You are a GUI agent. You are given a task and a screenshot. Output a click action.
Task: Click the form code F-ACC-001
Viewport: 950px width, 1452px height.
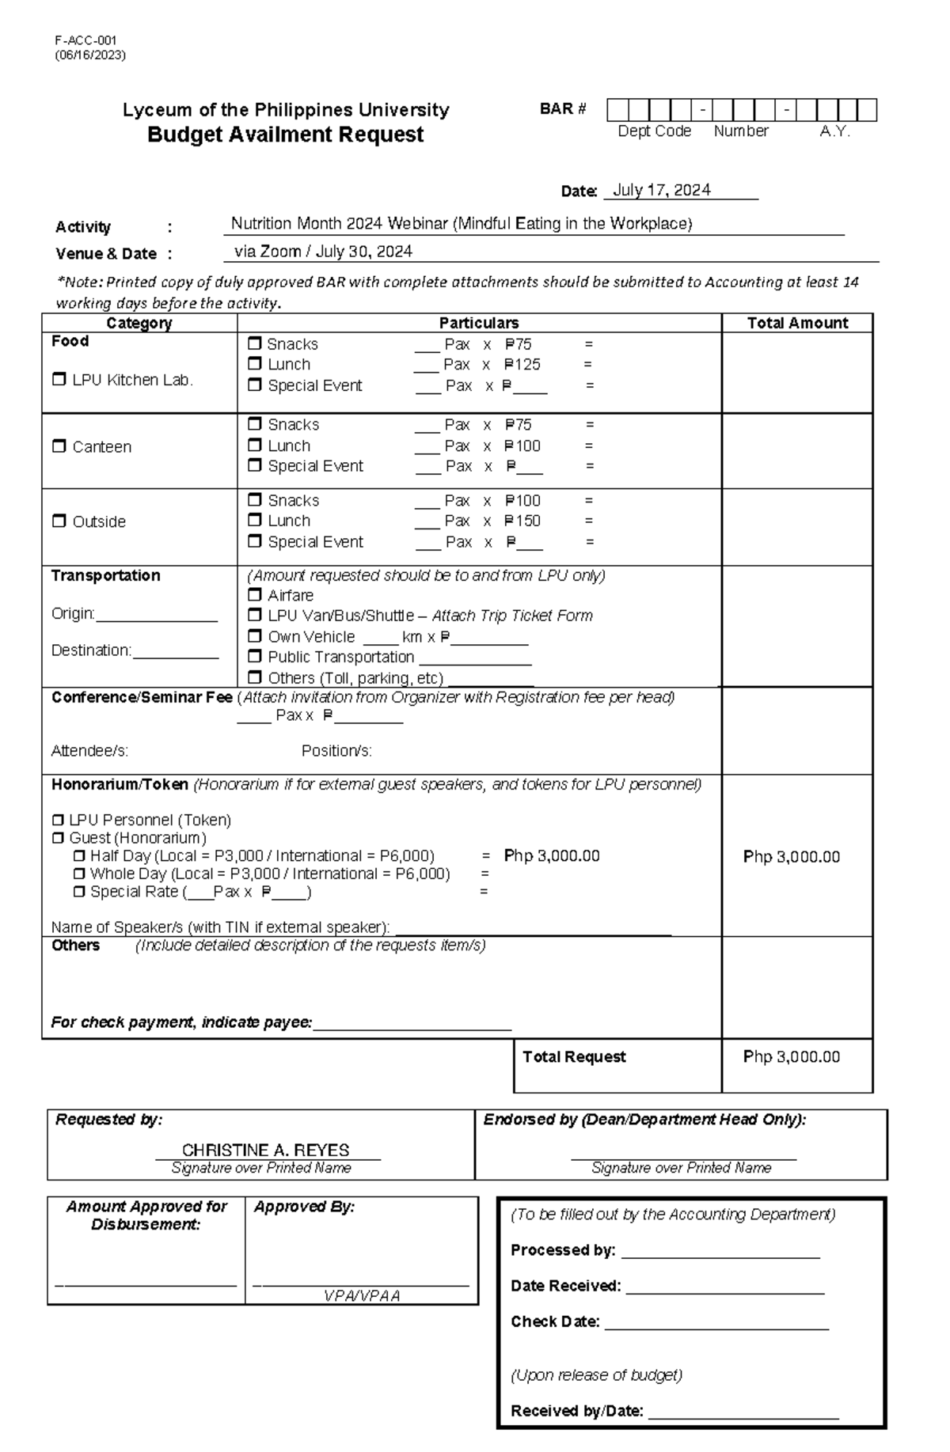point(85,40)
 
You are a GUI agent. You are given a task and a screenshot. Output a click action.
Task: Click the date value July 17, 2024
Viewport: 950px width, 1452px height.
point(661,190)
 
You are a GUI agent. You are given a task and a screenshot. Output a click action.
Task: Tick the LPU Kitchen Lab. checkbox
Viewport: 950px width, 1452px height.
point(59,380)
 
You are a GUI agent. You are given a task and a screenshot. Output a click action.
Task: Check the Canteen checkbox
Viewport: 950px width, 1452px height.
point(59,446)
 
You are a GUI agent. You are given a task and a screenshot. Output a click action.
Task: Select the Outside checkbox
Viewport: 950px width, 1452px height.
point(59,521)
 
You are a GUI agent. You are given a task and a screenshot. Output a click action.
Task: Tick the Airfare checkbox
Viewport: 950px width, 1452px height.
point(255,595)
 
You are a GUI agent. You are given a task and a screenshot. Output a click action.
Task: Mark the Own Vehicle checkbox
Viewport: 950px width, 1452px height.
point(255,636)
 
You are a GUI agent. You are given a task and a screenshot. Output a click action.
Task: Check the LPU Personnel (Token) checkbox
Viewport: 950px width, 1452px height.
point(58,820)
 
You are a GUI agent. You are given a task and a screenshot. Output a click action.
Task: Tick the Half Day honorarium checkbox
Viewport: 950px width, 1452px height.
point(79,856)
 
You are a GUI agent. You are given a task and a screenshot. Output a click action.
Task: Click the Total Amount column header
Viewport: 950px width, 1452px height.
point(797,323)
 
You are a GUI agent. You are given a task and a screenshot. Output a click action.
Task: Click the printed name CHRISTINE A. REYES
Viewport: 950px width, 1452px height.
point(265,1150)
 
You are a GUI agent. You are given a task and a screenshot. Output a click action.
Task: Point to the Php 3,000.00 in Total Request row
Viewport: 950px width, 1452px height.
point(792,1057)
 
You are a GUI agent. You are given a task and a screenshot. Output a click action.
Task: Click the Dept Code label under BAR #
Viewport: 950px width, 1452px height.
point(654,131)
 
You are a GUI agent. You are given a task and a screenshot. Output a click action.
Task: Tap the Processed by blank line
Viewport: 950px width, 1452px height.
point(720,1252)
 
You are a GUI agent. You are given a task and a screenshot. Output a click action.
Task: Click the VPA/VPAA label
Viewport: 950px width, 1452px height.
point(362,1296)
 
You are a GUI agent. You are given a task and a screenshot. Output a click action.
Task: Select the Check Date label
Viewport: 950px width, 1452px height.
point(555,1322)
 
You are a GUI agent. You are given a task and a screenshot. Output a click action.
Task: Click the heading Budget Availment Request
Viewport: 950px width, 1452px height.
point(285,135)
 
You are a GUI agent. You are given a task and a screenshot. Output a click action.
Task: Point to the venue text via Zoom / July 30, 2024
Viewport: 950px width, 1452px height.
point(323,252)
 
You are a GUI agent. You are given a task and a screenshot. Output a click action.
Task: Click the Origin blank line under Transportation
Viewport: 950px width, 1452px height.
point(156,615)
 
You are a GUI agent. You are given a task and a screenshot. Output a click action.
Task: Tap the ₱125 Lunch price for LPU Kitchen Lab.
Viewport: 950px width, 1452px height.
point(522,365)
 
